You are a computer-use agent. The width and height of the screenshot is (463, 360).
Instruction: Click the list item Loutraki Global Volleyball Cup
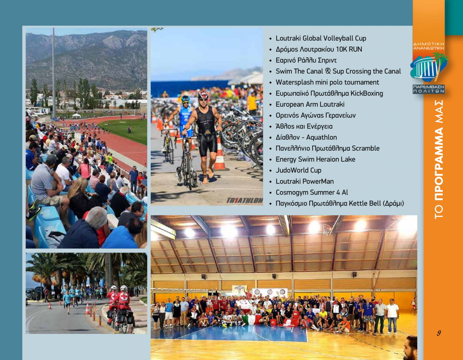(x=321, y=38)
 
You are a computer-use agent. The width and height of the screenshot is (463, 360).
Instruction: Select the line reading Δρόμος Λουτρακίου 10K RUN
(x=319, y=49)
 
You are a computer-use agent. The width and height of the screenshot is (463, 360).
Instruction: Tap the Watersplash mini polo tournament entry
(x=327, y=82)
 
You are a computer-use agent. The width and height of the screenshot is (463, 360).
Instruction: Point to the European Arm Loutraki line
(x=310, y=104)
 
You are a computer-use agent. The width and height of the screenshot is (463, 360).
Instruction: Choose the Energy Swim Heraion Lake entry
(x=315, y=159)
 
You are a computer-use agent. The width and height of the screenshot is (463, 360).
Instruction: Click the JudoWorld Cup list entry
(x=298, y=170)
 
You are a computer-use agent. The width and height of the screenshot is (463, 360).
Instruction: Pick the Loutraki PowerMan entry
(x=304, y=181)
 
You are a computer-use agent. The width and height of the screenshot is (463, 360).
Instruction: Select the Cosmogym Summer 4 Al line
(x=312, y=193)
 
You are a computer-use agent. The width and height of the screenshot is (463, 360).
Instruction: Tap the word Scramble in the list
(x=365, y=148)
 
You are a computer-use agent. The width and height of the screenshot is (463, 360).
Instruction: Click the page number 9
(x=439, y=333)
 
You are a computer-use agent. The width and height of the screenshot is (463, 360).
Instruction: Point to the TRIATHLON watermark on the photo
(x=244, y=200)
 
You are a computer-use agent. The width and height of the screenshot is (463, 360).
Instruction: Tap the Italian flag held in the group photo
(x=251, y=320)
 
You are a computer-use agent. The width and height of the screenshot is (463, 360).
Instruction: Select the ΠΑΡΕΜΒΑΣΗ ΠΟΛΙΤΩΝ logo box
(x=428, y=89)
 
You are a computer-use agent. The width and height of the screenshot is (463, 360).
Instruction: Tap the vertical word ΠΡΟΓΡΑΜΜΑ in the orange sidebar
(x=439, y=164)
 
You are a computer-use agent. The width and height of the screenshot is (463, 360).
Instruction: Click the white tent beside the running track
(x=76, y=116)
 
